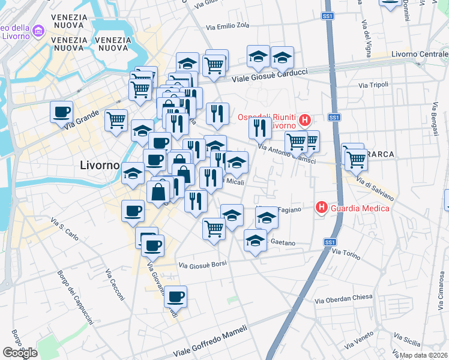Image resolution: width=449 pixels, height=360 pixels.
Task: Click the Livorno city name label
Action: coord(100,165)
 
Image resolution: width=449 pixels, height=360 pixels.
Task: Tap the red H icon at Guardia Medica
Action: coord(322,208)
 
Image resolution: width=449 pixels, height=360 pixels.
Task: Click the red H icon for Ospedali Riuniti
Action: coord(305,121)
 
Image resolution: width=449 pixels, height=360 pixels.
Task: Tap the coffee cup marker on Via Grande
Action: coord(61,111)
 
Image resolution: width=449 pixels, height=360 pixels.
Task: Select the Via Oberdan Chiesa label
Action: coord(344,298)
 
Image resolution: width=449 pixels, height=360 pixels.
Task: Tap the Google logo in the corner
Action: coord(20,352)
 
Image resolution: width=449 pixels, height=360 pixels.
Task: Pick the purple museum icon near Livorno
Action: coord(39,30)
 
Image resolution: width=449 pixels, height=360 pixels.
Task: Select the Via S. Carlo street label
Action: coord(65,229)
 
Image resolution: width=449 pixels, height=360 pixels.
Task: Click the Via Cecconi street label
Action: coord(115,284)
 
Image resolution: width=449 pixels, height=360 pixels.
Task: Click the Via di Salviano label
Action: coord(375,188)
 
